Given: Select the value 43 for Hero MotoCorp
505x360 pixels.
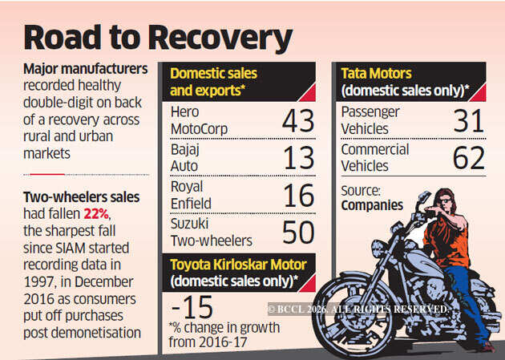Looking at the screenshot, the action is coord(298,121).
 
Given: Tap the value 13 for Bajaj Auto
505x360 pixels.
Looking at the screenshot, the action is coord(299,158).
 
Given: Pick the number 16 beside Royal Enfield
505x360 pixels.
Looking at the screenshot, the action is coord(299,196).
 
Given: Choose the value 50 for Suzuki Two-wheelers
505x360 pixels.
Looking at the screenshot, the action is coord(298,233).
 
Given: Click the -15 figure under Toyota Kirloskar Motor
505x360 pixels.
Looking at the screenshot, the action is coord(192,307).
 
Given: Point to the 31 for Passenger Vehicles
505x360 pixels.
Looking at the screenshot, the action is coord(469,121).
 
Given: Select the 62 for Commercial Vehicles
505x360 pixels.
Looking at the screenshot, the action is coord(469,158).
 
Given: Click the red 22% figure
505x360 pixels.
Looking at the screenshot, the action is coord(96,214).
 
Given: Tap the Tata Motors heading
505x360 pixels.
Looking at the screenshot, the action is coord(376,74).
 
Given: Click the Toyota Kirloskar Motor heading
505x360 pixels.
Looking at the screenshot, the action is coord(238,265).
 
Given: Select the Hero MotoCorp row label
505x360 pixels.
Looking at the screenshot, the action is coord(199,120).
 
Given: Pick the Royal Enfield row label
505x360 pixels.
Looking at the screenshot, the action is coord(191,195).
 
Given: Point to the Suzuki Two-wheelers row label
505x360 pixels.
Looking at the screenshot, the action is coord(212,233).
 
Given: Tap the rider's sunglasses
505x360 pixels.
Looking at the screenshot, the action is coord(445,201).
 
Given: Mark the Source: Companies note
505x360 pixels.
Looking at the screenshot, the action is coord(372,198).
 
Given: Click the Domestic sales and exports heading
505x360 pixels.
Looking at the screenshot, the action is coord(213,82).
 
